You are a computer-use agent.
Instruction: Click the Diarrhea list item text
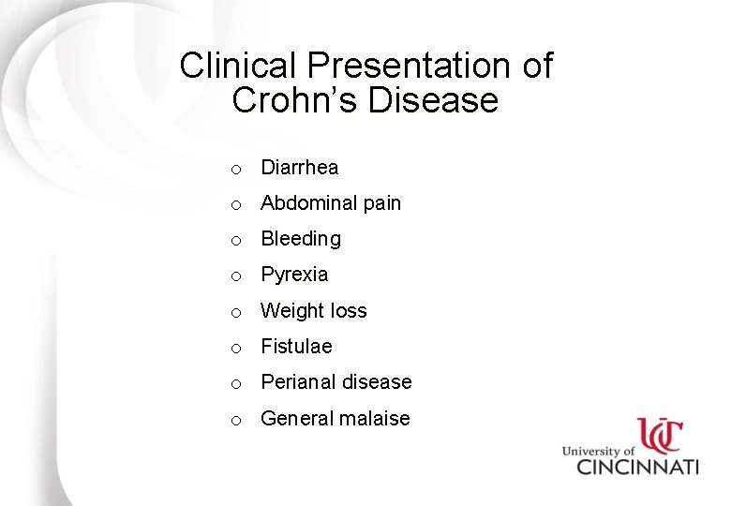click(299, 168)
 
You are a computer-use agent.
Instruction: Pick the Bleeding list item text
click(300, 239)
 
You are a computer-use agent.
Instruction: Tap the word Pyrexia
click(294, 275)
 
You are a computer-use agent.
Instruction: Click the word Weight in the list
click(291, 311)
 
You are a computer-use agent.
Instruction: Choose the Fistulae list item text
click(296, 347)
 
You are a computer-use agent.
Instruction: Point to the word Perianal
click(298, 382)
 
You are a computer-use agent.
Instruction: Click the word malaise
click(375, 419)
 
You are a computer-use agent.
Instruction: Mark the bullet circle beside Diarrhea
click(238, 170)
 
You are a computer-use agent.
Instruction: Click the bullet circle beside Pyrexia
click(238, 276)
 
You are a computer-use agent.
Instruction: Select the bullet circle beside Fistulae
click(238, 349)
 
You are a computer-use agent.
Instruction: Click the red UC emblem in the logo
click(662, 436)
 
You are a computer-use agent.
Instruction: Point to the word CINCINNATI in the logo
click(636, 466)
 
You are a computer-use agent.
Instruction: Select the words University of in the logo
click(598, 450)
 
